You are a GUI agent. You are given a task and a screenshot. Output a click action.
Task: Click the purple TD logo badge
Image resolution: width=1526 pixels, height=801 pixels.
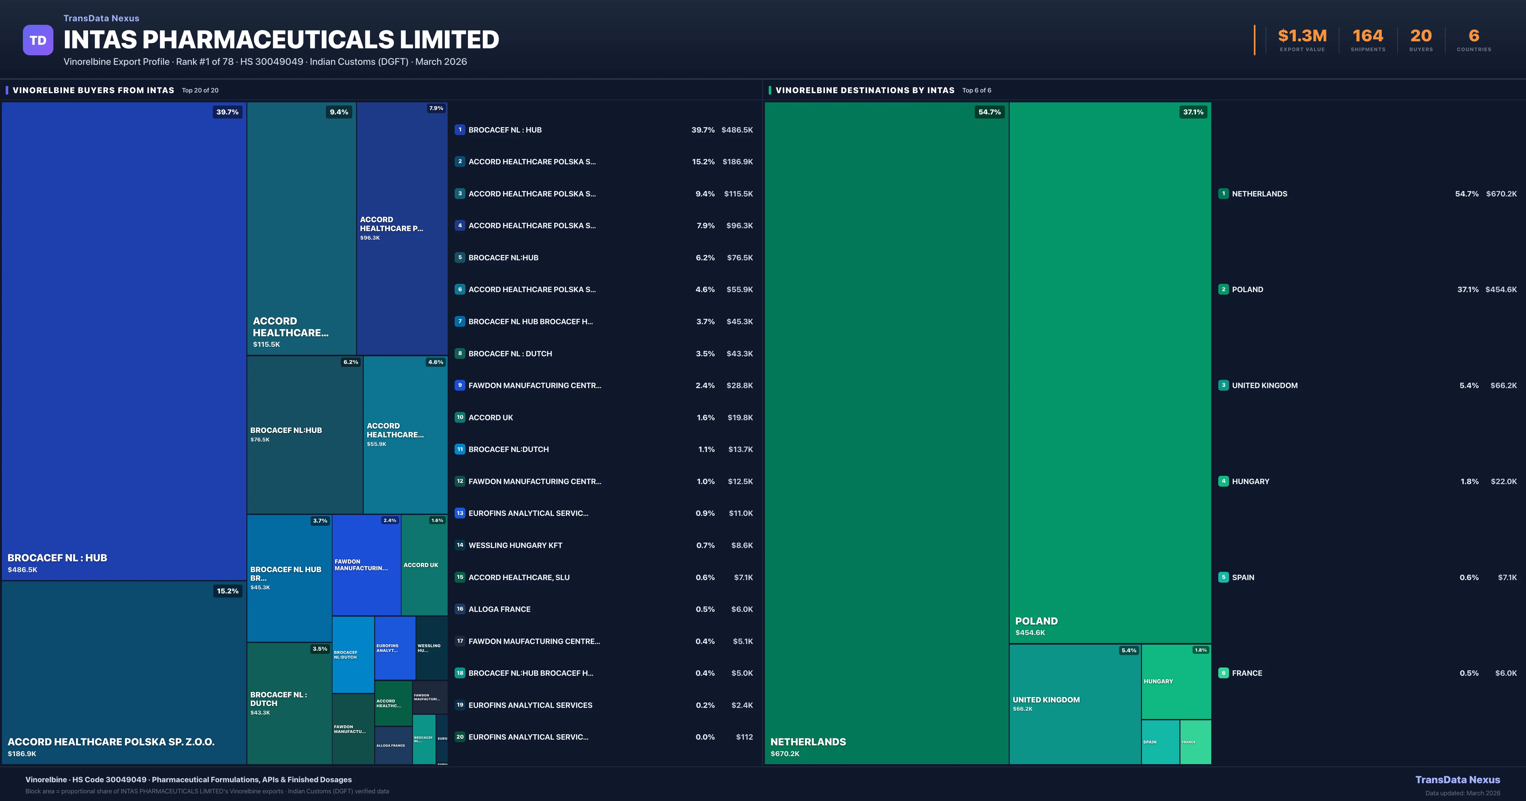click(38, 40)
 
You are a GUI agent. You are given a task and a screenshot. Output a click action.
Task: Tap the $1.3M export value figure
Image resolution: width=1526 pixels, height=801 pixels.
click(1302, 36)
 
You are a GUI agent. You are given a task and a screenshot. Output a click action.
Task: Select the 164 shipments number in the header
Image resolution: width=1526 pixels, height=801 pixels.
click(1368, 36)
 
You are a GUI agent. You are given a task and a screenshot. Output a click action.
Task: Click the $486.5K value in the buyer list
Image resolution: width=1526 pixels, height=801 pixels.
click(737, 130)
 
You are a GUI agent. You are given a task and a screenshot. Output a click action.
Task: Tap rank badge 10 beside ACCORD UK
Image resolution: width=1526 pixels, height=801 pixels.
click(460, 417)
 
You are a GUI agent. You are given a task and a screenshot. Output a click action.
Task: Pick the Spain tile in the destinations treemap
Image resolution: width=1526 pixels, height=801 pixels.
click(1160, 742)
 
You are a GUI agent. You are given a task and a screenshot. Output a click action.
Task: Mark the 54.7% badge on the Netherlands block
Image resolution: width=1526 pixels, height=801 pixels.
click(989, 112)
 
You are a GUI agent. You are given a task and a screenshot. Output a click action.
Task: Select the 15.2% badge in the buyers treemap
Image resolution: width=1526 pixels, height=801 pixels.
click(228, 591)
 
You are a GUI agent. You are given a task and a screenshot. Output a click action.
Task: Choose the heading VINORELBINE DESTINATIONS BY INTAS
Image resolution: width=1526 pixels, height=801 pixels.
click(864, 90)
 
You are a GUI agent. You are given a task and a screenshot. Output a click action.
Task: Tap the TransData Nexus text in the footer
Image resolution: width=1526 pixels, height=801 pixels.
click(1457, 780)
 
